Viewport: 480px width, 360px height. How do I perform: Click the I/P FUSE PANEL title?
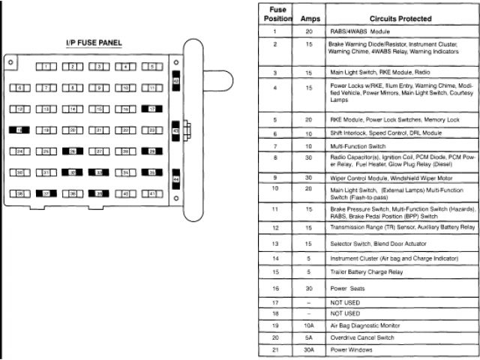click(94, 44)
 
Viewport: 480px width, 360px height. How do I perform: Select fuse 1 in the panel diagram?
click(46, 67)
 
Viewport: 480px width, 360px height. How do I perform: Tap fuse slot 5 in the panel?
click(152, 67)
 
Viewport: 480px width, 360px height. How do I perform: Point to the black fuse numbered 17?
click(152, 109)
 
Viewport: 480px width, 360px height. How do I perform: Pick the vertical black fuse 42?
click(175, 81)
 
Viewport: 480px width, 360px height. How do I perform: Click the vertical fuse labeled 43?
click(175, 130)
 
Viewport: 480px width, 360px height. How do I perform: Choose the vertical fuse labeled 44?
click(175, 180)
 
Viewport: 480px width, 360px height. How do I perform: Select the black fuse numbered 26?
click(73, 151)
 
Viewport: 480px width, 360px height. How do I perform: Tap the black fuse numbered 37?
click(46, 193)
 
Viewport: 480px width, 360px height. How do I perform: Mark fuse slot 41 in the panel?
click(152, 193)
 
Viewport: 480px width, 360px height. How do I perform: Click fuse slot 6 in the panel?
click(20, 88)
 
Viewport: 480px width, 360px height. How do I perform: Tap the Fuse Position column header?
click(275, 13)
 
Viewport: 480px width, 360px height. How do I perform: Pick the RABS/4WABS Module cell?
click(360, 32)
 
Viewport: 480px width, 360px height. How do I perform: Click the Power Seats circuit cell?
click(348, 288)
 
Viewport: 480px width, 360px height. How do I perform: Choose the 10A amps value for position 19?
click(308, 326)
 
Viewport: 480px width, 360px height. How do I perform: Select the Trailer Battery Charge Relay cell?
click(367, 271)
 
